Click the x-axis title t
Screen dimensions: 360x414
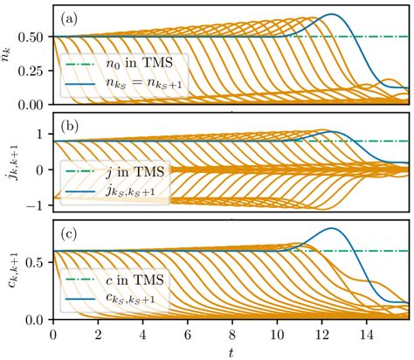tap(231, 351)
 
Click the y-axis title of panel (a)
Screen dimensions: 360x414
tap(10, 59)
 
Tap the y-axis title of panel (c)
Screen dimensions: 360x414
tap(10, 275)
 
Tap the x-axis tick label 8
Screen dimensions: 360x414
tap(231, 334)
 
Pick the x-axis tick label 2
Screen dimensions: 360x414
tap(98, 334)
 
